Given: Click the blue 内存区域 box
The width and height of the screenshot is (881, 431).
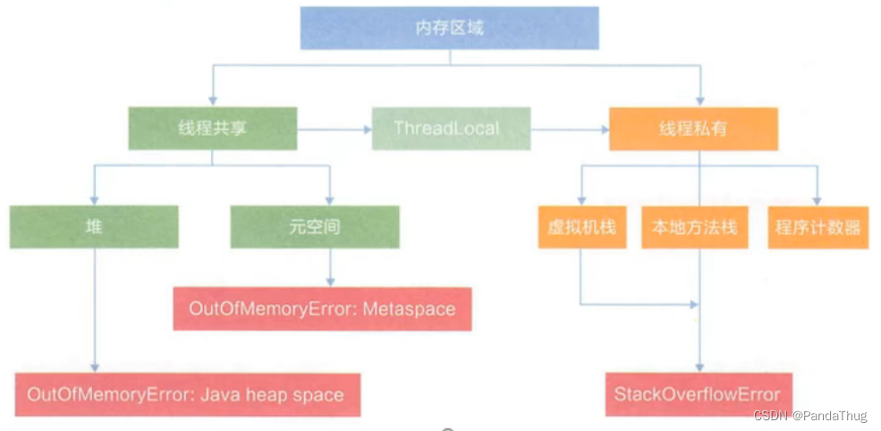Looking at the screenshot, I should click(449, 28).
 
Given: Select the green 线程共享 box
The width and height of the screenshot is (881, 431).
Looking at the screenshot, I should click(212, 129).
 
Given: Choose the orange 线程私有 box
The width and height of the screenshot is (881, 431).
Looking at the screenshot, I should click(693, 129).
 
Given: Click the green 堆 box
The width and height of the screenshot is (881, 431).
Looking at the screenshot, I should click(94, 227).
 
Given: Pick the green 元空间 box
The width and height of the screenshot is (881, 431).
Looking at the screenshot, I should click(314, 227).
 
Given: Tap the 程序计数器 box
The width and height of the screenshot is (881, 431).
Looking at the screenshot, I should click(817, 227).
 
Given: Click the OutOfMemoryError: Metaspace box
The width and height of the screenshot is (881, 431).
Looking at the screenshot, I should click(322, 309).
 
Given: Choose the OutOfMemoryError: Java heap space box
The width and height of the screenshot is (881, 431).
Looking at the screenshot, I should click(187, 394).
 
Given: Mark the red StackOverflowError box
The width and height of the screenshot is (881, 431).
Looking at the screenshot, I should click(697, 394).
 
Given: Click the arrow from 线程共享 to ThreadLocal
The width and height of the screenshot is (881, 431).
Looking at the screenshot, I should click(335, 130).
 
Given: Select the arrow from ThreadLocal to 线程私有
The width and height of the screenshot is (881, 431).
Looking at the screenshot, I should click(570, 130).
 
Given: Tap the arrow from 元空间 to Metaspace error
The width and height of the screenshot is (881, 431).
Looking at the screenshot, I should click(331, 267).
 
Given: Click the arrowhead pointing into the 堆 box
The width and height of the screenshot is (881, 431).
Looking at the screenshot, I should click(93, 200).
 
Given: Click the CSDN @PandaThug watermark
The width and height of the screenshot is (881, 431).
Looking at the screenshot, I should click(810, 416).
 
